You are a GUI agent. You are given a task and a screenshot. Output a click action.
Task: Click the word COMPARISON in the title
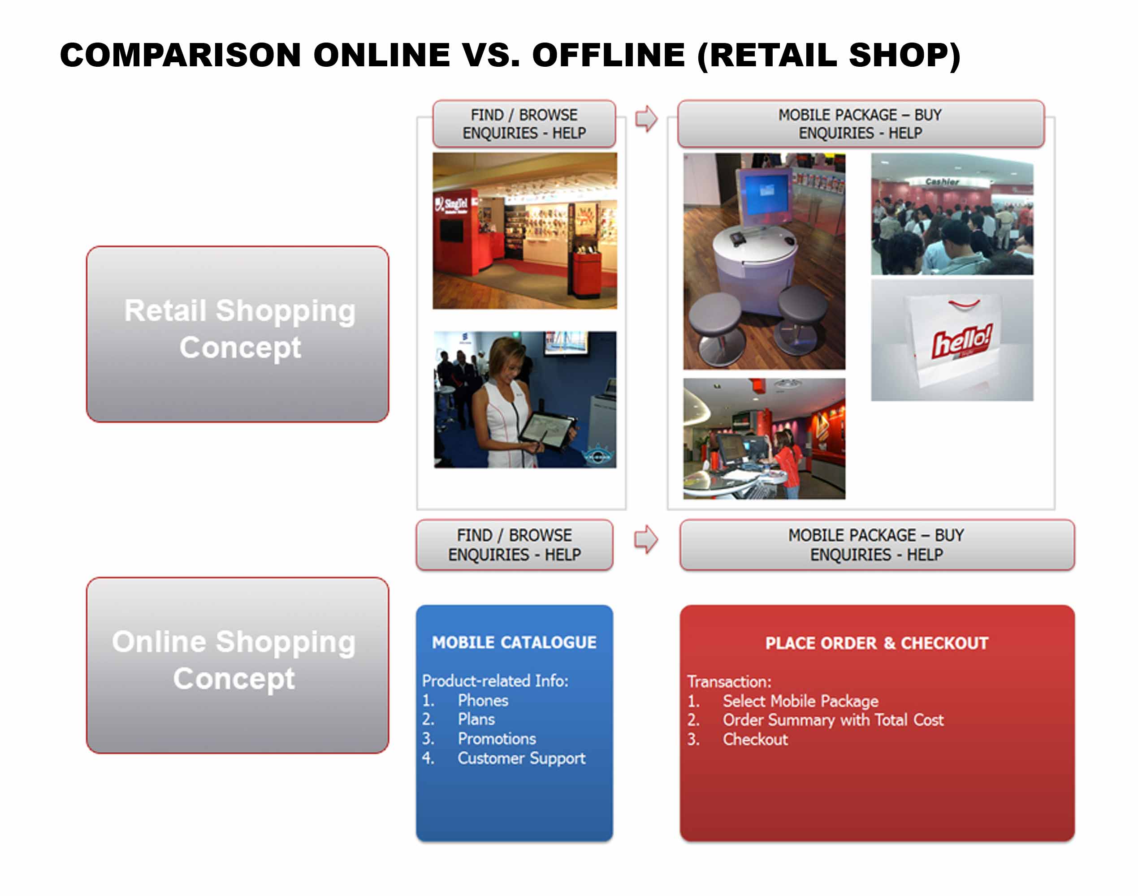(x=181, y=55)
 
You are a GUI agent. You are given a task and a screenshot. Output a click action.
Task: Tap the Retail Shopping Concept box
(x=238, y=334)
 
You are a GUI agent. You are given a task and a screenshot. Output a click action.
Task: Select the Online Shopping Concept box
(x=238, y=665)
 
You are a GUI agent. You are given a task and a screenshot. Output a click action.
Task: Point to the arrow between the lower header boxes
(x=645, y=539)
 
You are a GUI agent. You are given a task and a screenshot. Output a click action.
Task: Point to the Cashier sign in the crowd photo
(x=942, y=181)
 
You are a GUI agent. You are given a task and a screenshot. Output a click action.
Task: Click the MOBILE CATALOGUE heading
(x=514, y=642)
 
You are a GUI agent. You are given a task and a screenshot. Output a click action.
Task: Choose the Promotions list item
(x=497, y=739)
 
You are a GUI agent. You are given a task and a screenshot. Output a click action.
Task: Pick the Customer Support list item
(x=521, y=758)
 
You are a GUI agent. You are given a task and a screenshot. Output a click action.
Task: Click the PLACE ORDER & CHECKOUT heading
(x=877, y=643)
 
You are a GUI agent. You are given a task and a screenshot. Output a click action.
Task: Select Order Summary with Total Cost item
(x=833, y=720)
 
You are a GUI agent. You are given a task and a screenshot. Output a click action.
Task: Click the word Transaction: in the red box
(x=729, y=681)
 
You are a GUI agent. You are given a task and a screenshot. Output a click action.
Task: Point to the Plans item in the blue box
(x=476, y=719)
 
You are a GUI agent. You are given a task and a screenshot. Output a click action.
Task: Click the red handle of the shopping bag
(x=964, y=303)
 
